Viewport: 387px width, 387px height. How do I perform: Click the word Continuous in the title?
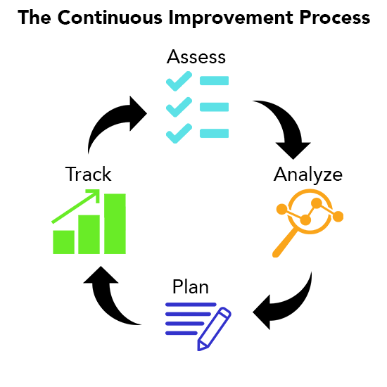coord(110,18)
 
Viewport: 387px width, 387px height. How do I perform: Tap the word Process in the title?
coord(335,18)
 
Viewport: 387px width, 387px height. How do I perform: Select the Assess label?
coord(196,57)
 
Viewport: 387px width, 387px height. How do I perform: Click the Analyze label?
coord(308,175)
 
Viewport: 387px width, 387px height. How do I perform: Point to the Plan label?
coord(191,286)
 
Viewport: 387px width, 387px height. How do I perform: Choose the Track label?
coord(88,174)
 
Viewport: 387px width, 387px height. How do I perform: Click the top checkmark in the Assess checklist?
coord(179,81)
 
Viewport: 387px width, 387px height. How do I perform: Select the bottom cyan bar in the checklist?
coord(214,133)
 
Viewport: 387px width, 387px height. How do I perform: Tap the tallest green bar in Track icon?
coord(115,224)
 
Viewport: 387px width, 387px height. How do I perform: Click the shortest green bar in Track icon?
coord(63,242)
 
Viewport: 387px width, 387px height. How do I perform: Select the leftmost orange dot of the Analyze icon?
coord(282,209)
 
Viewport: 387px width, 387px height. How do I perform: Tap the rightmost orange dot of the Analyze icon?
coord(338,217)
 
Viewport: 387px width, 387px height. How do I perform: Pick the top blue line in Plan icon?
coord(191,305)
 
